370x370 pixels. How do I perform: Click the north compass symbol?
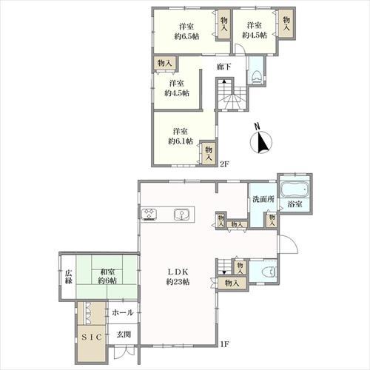pos(261,141)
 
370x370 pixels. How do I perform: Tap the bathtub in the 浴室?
pos(295,189)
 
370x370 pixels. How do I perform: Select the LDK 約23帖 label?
pos(178,277)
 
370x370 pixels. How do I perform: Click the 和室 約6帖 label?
pos(107,276)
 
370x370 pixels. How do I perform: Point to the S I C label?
pos(92,337)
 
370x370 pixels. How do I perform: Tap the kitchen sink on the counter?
pos(181,215)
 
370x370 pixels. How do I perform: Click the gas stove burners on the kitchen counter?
pos(149,215)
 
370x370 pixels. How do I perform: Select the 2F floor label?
pos(225,164)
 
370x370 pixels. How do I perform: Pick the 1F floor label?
pos(225,344)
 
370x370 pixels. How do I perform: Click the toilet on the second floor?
pos(256,77)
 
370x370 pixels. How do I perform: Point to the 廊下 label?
pos(223,67)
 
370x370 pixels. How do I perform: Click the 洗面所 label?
pos(263,199)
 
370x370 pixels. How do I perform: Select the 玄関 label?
pos(124,334)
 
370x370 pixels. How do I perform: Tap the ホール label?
pos(123,313)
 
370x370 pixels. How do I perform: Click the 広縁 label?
pos(69,277)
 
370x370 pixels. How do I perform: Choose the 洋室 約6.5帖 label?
pos(186,32)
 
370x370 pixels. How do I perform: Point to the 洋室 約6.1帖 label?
pos(181,136)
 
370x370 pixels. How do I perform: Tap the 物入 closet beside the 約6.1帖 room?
pos(209,153)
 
